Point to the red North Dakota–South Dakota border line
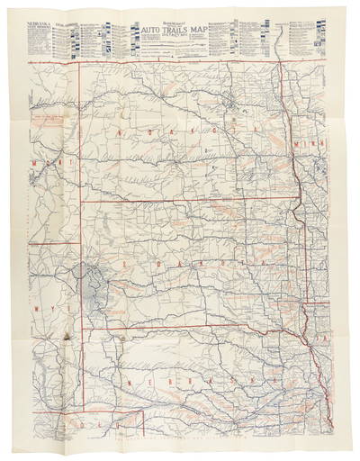(x=180, y=202)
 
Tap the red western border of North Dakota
(x=83, y=135)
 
